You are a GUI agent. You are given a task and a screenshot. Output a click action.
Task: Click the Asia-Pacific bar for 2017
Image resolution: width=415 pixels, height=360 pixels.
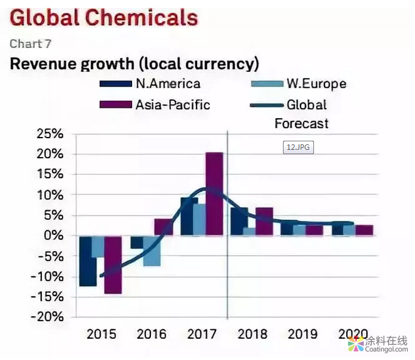point(214,194)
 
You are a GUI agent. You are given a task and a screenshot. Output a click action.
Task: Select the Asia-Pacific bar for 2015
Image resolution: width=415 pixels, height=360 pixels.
point(113,264)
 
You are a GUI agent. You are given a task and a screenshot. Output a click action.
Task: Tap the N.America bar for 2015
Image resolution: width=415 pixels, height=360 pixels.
point(88,261)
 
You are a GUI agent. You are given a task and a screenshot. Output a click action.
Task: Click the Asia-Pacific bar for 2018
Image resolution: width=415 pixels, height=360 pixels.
point(264,221)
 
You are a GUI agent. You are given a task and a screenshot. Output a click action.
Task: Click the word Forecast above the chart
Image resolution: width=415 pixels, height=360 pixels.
point(301,124)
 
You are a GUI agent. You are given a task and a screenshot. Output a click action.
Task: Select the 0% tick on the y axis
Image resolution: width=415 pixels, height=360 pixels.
point(55,236)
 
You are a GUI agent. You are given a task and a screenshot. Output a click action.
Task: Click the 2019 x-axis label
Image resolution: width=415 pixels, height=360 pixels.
point(302,334)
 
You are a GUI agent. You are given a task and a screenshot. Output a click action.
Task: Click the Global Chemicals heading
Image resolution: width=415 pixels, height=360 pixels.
point(103,18)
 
